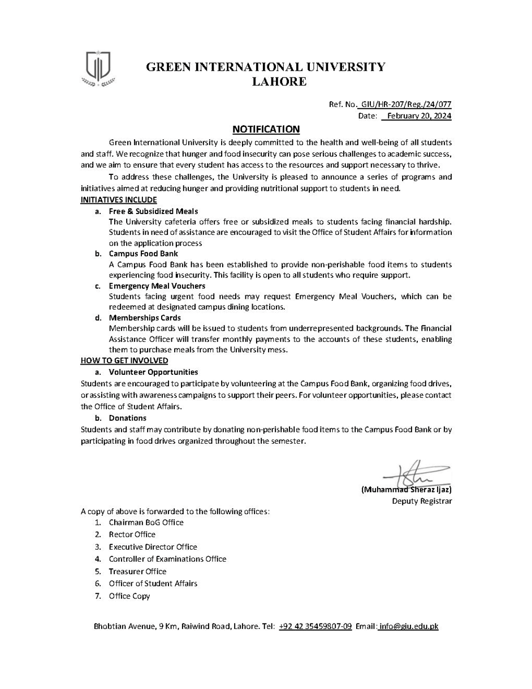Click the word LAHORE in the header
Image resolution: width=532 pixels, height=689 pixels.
pos(279,82)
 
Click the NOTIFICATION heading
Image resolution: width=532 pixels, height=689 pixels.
pos(266,129)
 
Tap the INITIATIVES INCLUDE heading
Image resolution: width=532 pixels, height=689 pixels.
pos(119,200)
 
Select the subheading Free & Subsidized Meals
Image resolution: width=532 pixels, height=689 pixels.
pos(153,211)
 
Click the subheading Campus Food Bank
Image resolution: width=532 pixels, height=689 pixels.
pos(143,254)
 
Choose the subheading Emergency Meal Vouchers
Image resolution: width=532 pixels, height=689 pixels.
pos(157,286)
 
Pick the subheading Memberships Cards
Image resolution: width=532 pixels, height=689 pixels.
pos(145,318)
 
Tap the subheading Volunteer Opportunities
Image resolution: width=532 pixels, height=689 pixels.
pos(153,372)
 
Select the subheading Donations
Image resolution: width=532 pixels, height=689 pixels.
pos(128,418)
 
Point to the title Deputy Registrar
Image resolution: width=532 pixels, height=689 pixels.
pos(422,501)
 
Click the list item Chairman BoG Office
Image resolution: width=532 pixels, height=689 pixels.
pos(146,523)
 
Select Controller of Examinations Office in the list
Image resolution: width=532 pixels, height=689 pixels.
pos(167,559)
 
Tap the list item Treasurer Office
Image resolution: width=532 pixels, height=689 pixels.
pos(137,571)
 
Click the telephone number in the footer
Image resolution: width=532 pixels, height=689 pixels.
pos(315,626)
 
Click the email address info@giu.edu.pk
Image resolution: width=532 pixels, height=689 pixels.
pos(409,626)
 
